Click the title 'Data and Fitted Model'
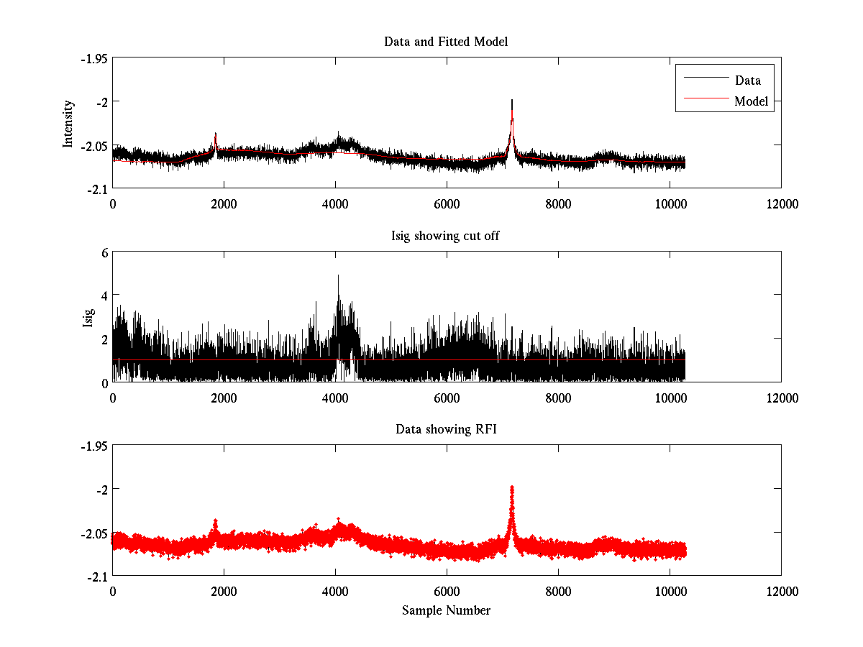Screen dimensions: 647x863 click(446, 42)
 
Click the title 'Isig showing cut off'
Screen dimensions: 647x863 click(446, 236)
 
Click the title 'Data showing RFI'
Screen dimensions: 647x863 click(446, 429)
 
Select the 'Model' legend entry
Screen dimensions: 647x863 click(751, 101)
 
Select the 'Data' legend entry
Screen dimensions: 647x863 click(747, 81)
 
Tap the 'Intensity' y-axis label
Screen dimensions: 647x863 click(68, 124)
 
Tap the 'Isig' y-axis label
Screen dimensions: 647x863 click(88, 317)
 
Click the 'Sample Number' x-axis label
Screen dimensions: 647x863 click(446, 610)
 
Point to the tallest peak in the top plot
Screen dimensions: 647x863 click(512, 101)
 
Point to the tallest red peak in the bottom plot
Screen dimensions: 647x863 click(512, 488)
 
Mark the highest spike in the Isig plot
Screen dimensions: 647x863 click(338, 275)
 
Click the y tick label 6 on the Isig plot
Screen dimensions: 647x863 click(104, 252)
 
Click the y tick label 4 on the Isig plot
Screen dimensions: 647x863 click(104, 295)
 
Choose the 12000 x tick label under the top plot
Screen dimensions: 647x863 click(781, 204)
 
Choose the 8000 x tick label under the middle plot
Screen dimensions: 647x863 click(558, 398)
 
